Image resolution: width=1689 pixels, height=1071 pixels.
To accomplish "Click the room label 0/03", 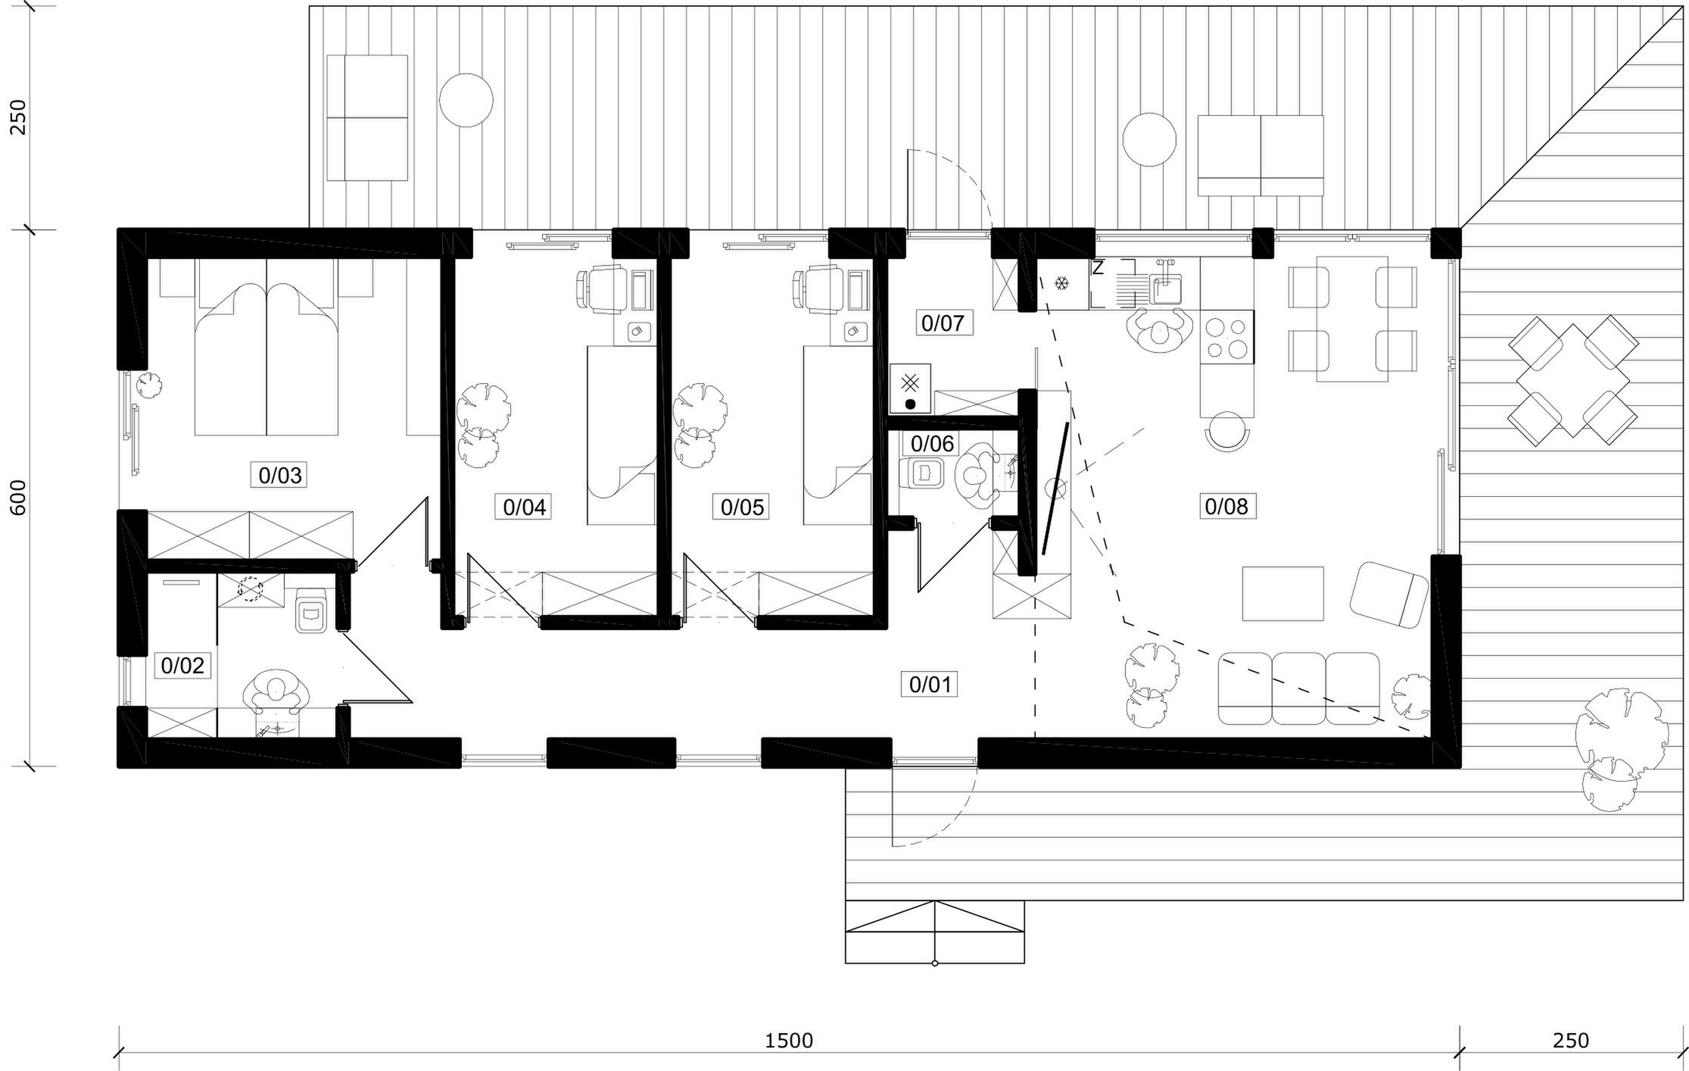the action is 280,475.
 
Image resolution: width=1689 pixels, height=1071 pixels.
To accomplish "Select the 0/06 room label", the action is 933,443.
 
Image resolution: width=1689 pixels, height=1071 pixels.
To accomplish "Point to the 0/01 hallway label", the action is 929,685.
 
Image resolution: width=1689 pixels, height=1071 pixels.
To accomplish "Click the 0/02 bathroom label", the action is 182,666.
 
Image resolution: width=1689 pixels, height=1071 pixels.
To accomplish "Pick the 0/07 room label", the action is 943,323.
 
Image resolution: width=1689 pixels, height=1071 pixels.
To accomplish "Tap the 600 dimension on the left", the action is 18,498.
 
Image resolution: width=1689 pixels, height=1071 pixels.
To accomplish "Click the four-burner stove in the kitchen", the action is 1226,338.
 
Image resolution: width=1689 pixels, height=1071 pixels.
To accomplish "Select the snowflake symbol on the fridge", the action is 1062,284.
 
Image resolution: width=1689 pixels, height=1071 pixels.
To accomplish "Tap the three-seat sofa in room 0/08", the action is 1298,688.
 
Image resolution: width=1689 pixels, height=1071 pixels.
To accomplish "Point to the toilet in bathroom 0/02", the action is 310,610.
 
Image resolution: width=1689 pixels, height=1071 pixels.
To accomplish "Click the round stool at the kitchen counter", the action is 1226,432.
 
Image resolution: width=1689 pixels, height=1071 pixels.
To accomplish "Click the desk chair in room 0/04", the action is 601,289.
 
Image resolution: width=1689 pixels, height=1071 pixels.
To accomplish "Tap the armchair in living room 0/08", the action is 1388,595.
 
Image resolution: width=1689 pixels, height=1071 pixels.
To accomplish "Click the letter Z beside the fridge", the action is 1098,267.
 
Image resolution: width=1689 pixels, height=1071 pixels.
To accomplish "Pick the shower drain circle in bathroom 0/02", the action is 249,589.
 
